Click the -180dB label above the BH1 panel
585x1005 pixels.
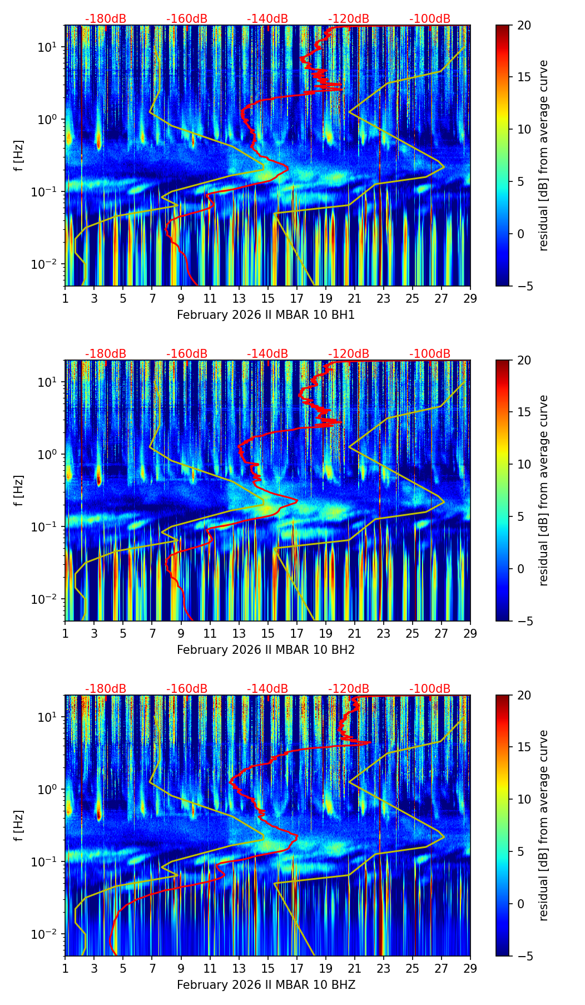click(106, 19)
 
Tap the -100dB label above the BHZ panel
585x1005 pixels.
click(430, 689)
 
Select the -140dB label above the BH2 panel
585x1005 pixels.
click(267, 354)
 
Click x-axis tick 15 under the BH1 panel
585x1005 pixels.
click(267, 299)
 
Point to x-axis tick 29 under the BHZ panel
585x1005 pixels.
click(470, 969)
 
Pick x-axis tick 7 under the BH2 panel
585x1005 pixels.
click(152, 634)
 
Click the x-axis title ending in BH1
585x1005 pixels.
click(266, 315)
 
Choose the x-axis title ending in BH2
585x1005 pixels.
click(266, 650)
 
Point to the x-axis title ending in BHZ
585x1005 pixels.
click(266, 985)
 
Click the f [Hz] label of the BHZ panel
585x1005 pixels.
click(19, 825)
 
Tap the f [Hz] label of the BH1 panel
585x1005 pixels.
click(19, 155)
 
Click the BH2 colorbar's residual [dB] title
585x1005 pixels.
click(544, 490)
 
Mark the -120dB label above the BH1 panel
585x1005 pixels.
click(349, 19)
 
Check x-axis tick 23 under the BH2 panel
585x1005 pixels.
click(384, 634)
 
